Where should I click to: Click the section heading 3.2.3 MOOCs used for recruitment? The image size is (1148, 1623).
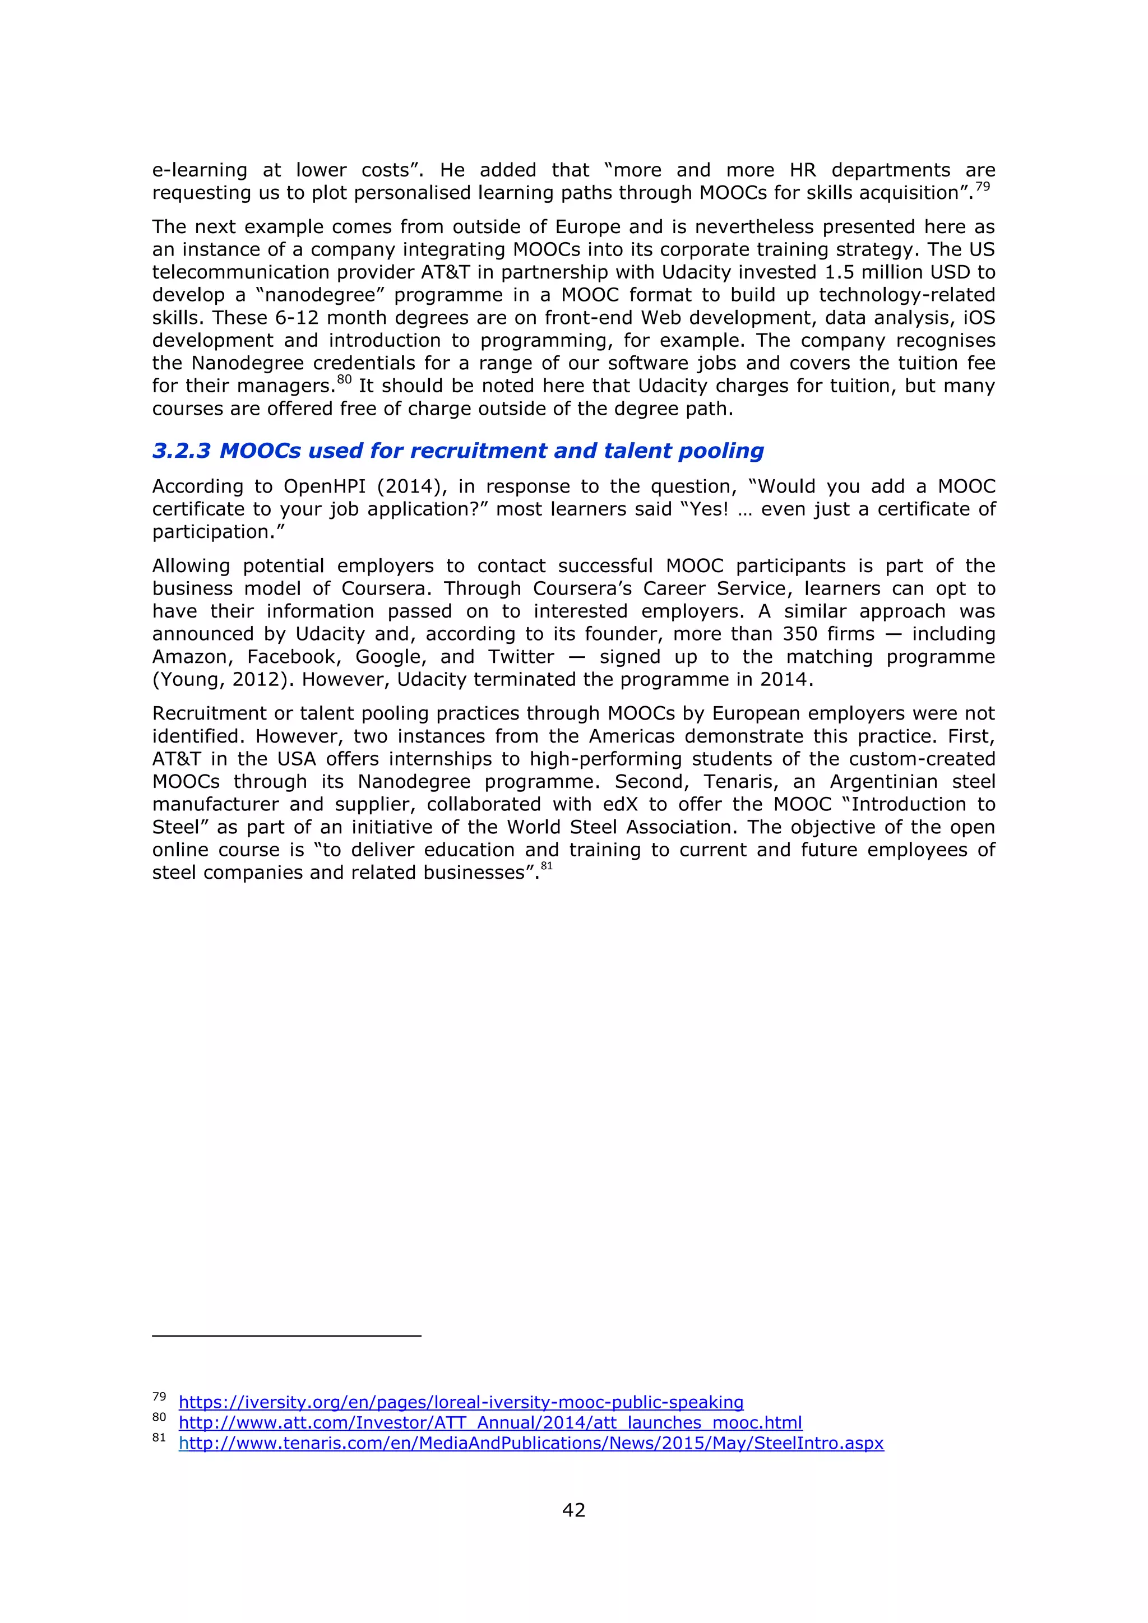pos(457,451)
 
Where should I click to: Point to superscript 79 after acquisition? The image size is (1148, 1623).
pos(983,187)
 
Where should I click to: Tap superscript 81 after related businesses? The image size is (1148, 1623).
pos(547,866)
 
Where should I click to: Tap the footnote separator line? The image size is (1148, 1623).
pos(286,1336)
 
